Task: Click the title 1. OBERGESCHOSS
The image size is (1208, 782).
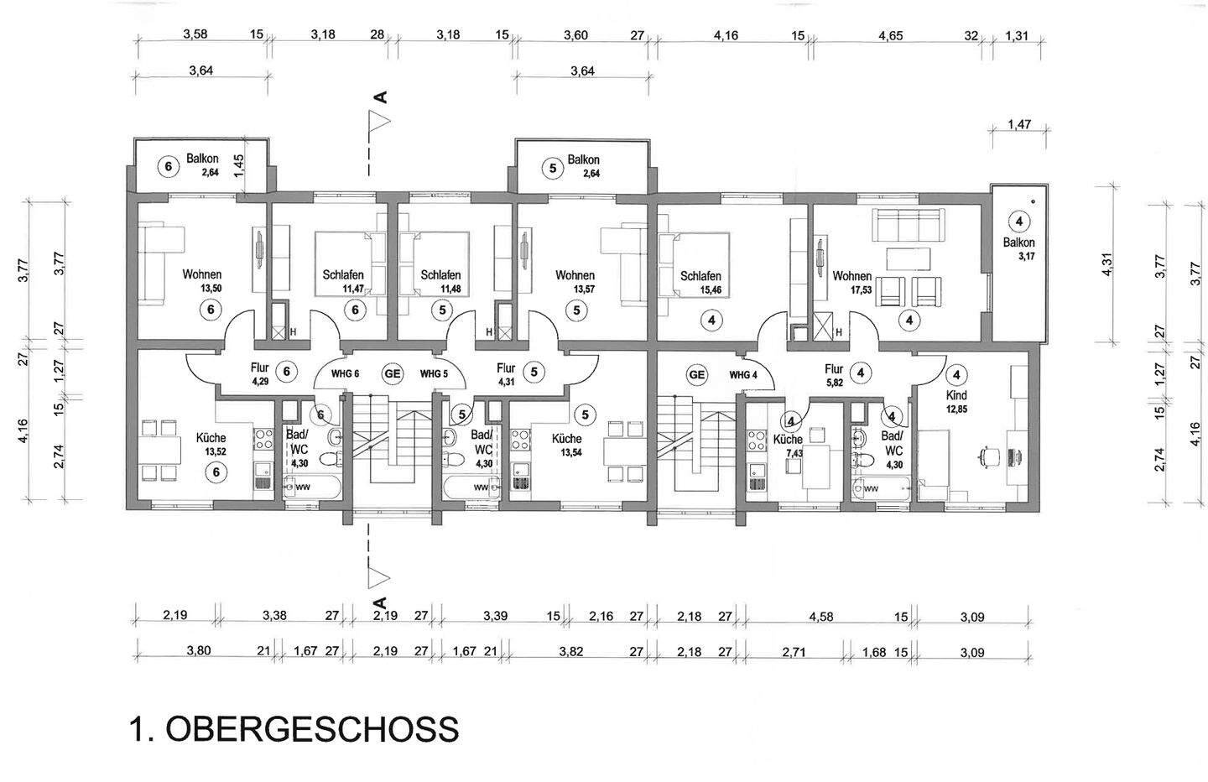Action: point(294,729)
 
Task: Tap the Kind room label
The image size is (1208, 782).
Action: point(956,395)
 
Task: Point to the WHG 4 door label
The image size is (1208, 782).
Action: point(743,375)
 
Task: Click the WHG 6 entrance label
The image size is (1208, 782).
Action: point(345,373)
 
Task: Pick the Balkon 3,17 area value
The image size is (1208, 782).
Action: point(1027,256)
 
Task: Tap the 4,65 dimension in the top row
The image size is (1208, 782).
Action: point(890,36)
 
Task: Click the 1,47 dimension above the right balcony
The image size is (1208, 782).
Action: point(1019,124)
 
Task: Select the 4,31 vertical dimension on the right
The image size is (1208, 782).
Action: point(1106,264)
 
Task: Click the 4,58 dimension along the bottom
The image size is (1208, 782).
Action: point(820,617)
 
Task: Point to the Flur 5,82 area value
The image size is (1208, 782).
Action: point(834,382)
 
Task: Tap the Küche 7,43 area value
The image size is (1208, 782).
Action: point(794,453)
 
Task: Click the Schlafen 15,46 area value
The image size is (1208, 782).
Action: point(711,290)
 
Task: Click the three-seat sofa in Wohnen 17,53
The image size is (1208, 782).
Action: point(909,225)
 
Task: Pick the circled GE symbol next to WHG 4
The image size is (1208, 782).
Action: point(697,374)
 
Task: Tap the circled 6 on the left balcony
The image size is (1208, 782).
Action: point(169,167)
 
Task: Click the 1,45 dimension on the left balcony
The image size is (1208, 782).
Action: point(239,166)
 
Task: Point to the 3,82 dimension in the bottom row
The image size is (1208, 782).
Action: point(570,651)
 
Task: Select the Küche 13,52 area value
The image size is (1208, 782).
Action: point(216,452)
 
